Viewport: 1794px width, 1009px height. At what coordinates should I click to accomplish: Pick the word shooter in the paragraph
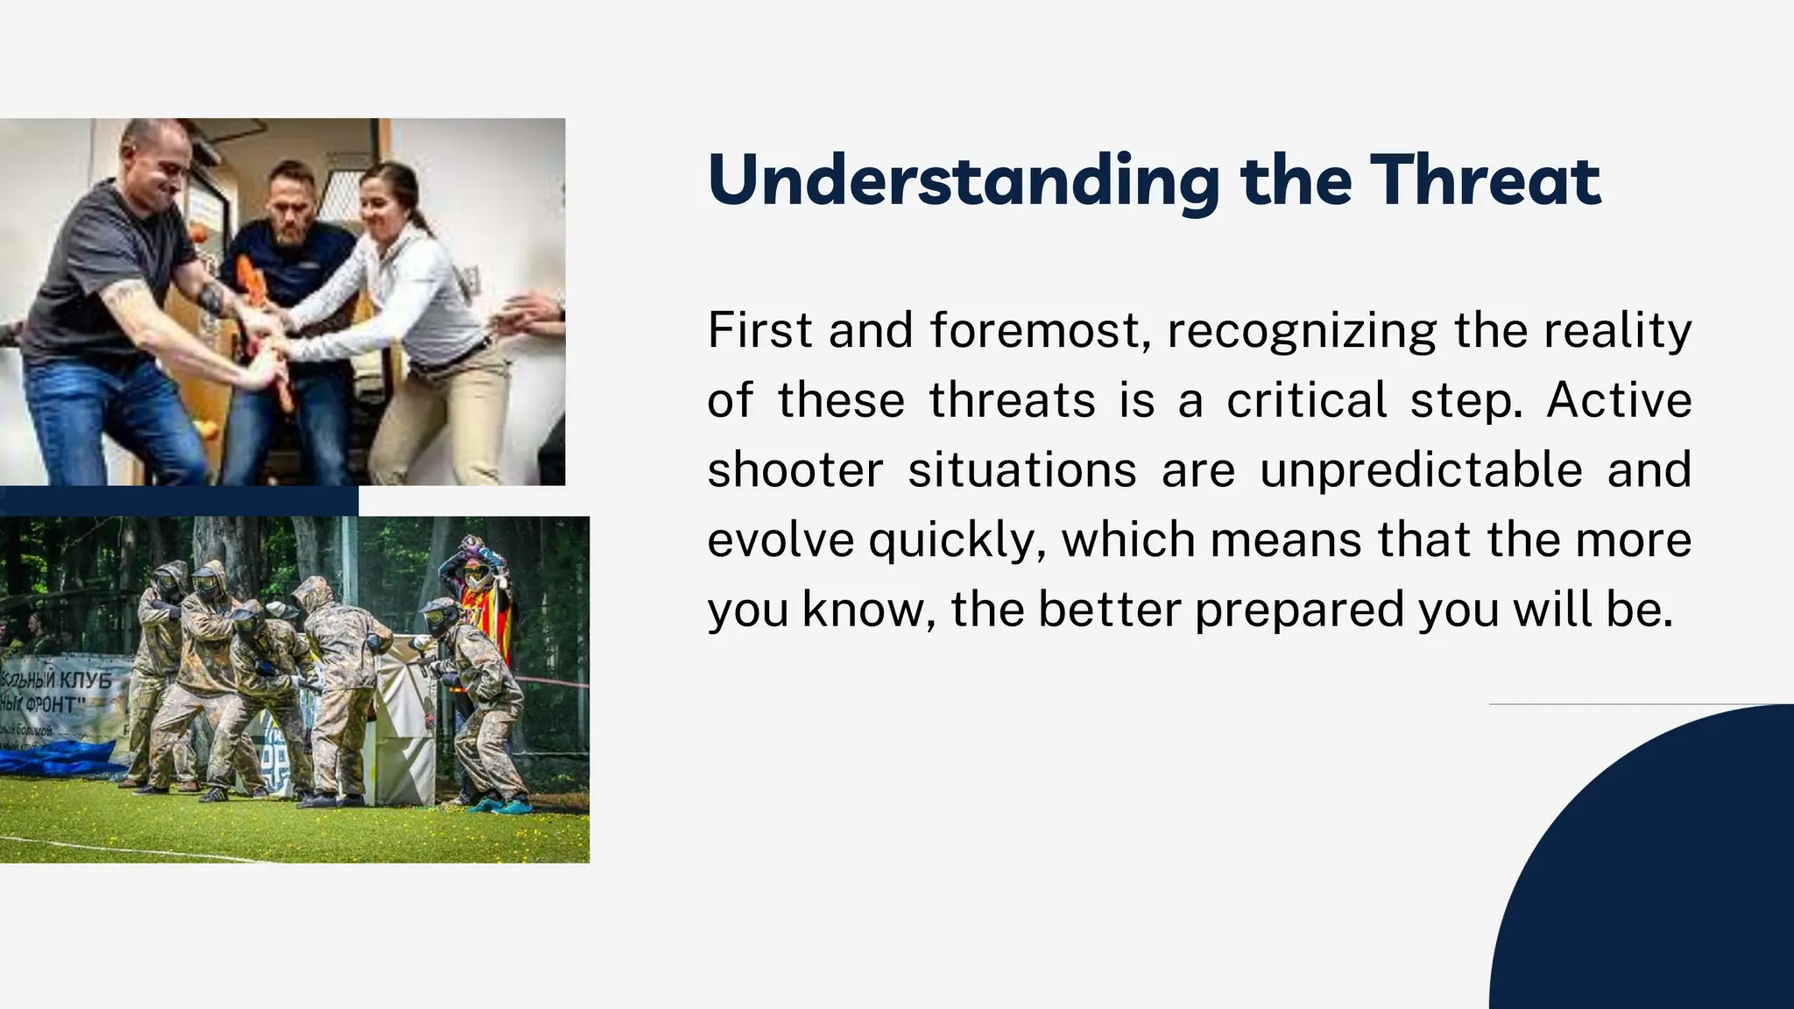pyautogui.click(x=795, y=470)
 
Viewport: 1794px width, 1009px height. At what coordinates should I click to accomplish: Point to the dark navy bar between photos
pyautogui.click(x=179, y=501)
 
